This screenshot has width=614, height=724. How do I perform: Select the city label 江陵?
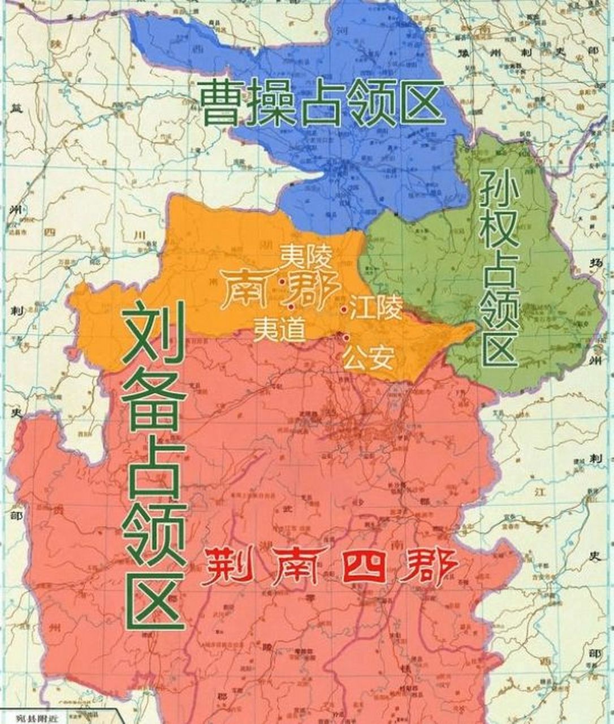(376, 309)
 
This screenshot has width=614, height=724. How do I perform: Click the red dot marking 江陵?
(343, 309)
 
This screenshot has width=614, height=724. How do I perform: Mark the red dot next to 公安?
(345, 338)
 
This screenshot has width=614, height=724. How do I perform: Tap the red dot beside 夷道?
(291, 307)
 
